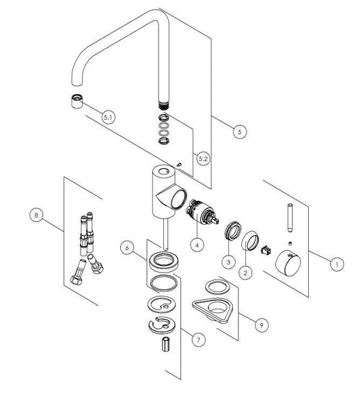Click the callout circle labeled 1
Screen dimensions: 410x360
335,262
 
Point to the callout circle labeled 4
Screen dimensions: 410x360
196,243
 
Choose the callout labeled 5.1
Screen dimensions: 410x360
108,117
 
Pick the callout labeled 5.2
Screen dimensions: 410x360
202,159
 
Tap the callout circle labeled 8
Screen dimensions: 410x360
38,216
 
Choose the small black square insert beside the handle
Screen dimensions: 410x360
267,249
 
